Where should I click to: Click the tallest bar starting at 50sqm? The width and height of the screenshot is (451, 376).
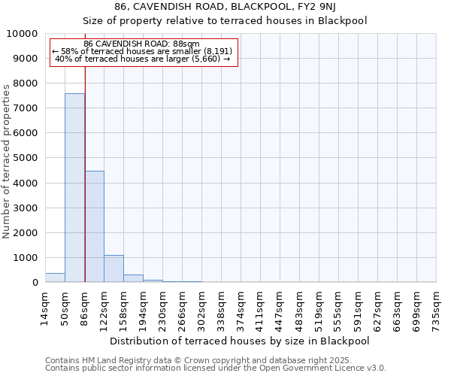click(74, 188)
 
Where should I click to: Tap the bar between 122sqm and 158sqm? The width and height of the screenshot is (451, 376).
click(114, 268)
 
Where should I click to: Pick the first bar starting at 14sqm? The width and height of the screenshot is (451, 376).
click(55, 277)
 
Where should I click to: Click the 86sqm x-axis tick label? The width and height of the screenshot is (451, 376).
click(84, 306)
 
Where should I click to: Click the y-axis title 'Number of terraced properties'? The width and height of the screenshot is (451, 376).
click(7, 162)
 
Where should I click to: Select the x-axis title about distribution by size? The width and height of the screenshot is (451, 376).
click(240, 341)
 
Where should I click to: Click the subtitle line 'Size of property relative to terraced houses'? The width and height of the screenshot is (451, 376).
click(225, 21)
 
